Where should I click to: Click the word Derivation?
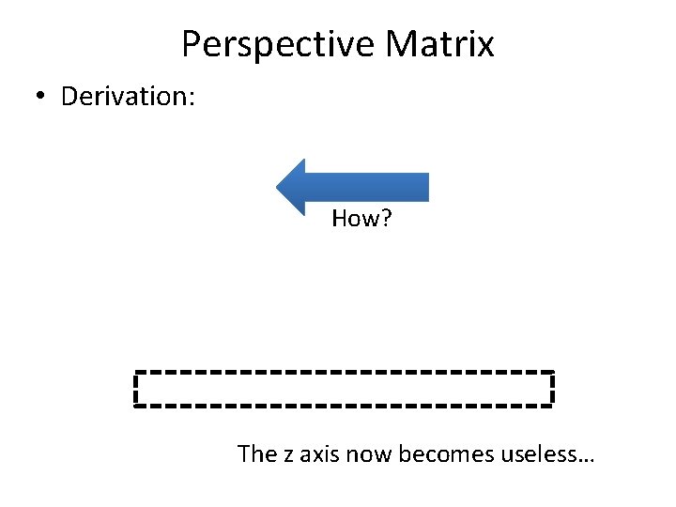point(122,97)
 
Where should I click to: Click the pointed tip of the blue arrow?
point(279,187)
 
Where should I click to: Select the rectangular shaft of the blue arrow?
point(376,187)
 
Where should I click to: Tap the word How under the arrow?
point(350,220)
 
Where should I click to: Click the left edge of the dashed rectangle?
point(136,389)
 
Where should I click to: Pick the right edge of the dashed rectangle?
point(552,389)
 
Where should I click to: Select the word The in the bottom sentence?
point(256,454)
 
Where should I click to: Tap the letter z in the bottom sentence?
point(287,455)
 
